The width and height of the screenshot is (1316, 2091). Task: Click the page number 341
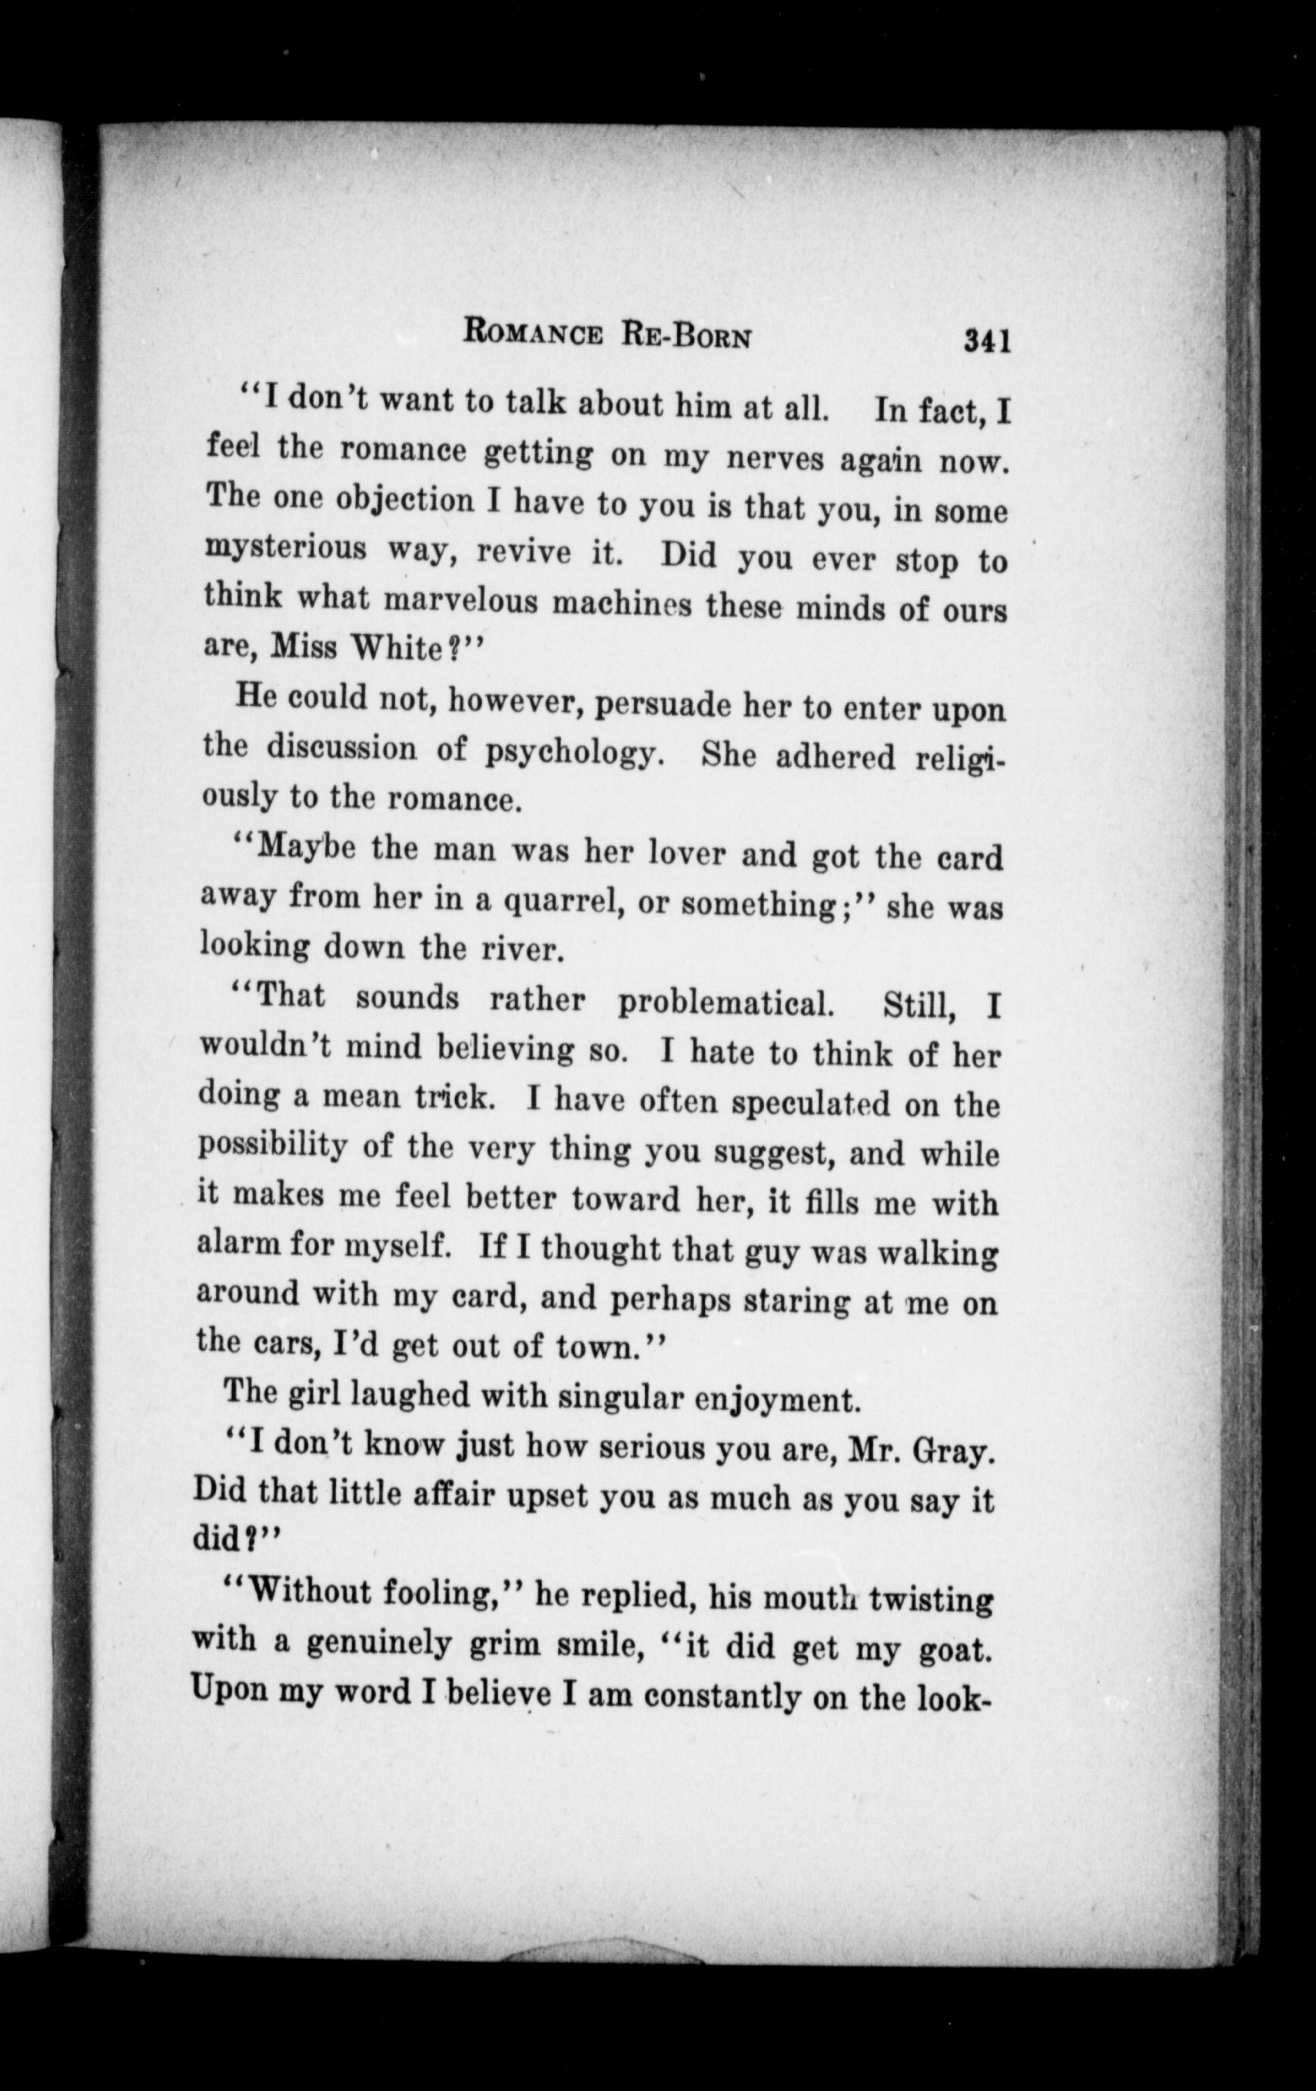click(987, 341)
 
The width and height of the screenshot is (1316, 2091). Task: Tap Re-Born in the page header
click(685, 335)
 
